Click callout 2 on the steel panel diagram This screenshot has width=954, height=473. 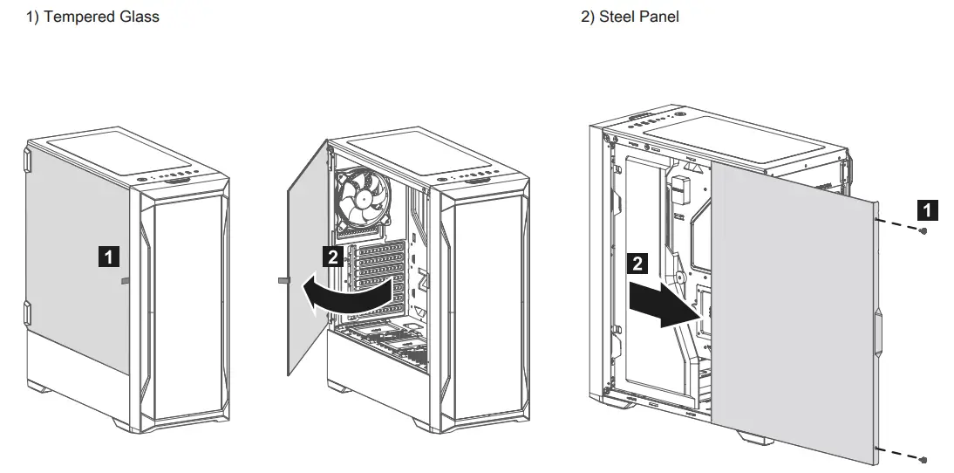click(638, 264)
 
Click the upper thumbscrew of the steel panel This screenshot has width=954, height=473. click(923, 230)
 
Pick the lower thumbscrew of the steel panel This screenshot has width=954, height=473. click(923, 459)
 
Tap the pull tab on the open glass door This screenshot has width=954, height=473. click(283, 281)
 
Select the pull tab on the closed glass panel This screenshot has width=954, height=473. click(125, 281)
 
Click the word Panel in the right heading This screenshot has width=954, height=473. click(658, 17)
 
